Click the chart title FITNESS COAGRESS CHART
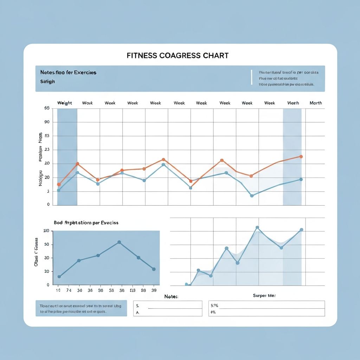point(177,56)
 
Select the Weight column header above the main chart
point(65,103)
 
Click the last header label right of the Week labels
point(315,103)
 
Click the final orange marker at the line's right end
point(301,156)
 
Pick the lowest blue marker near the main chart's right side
point(252,195)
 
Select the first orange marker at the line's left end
point(59,184)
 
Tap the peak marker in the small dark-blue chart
point(119,242)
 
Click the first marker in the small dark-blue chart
point(59,277)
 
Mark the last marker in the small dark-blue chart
point(154,269)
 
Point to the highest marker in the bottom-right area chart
point(257,227)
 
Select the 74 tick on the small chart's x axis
point(69,291)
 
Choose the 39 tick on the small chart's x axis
point(154,291)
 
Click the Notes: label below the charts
point(171,297)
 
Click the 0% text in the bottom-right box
point(213,312)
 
